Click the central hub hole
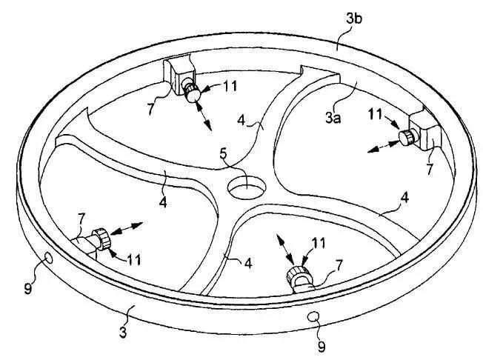click(x=244, y=187)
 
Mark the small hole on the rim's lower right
click(x=314, y=316)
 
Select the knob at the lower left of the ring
click(x=101, y=239)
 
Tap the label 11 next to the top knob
click(x=230, y=87)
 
